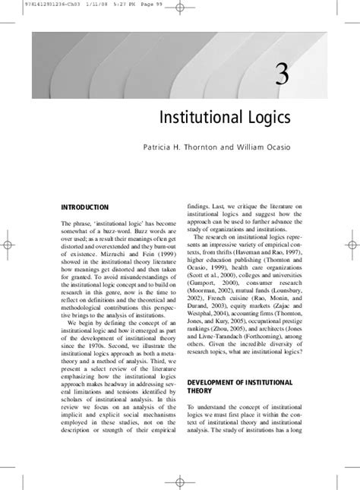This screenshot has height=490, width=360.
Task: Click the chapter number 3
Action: click(x=282, y=77)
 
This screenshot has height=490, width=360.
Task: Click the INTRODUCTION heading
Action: click(x=85, y=207)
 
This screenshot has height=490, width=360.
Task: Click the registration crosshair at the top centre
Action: click(x=179, y=8)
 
